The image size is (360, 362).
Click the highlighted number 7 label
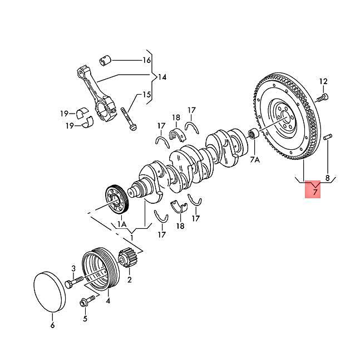[314, 193]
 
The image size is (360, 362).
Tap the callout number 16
[146, 60]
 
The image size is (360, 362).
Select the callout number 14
[162, 77]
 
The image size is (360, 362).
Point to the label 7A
[255, 160]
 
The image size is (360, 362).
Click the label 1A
[122, 224]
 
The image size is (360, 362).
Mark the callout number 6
[53, 325]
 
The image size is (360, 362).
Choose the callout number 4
[107, 301]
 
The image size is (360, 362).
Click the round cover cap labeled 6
[49, 290]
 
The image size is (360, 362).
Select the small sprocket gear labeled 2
[127, 260]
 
